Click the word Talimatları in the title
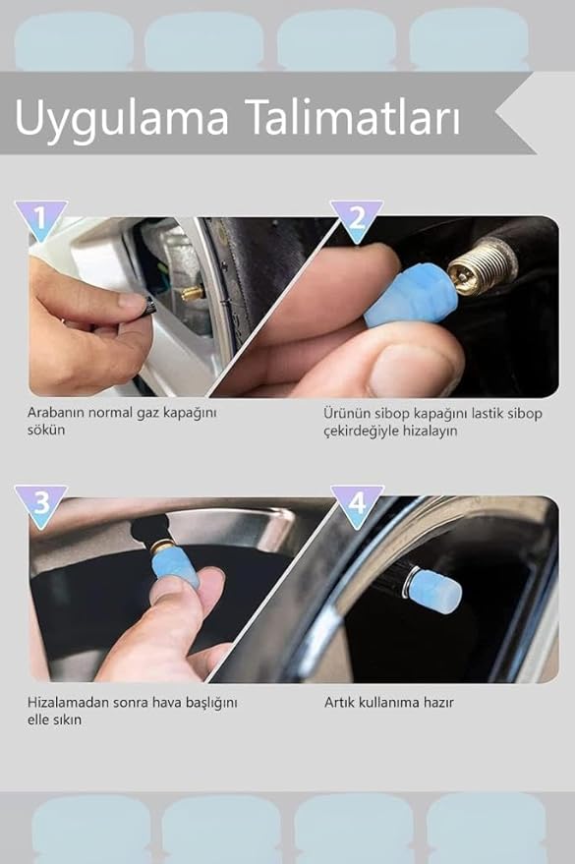point(355,116)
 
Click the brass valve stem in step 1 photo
point(193,293)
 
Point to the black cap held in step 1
point(148,306)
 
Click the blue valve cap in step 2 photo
point(411,296)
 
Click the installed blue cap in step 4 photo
point(434,591)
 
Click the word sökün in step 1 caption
point(46,430)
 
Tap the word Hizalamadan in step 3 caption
point(68,703)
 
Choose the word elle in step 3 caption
point(37,720)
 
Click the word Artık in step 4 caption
point(339,703)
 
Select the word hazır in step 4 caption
point(438,703)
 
